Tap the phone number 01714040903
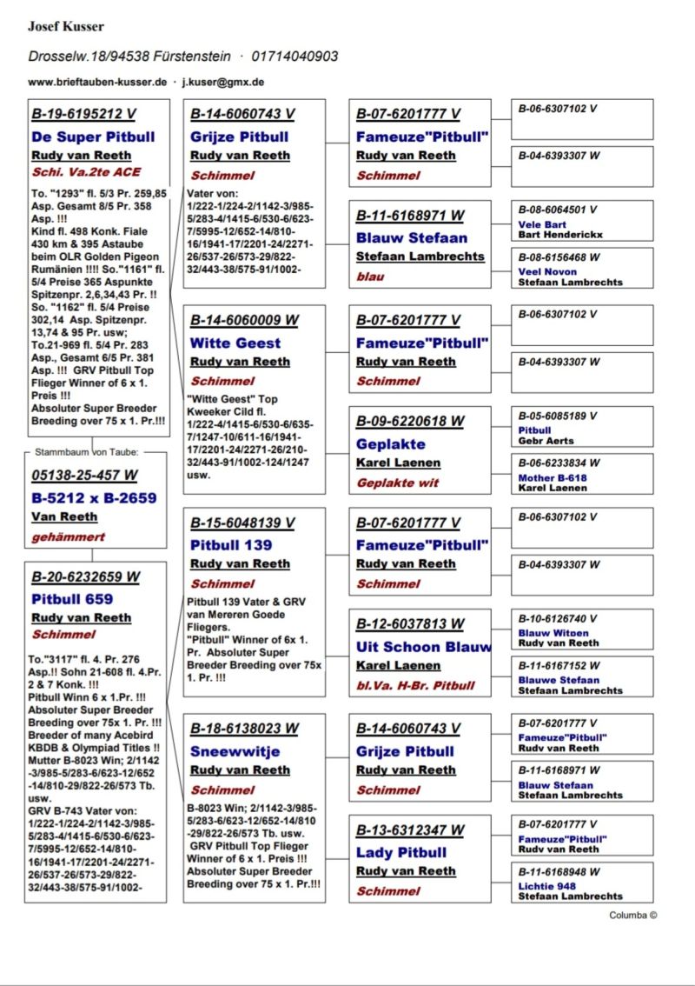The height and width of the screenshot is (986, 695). click(295, 57)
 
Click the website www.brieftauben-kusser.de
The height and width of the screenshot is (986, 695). click(96, 82)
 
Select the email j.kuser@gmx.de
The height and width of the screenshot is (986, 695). click(223, 82)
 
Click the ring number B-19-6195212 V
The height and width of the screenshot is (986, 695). click(83, 114)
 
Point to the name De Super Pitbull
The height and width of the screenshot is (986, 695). click(93, 137)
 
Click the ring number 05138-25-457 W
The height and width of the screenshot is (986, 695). click(84, 476)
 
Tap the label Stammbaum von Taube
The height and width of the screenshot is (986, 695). click(87, 452)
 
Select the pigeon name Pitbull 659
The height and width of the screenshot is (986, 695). click(72, 598)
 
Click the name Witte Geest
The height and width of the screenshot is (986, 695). click(235, 343)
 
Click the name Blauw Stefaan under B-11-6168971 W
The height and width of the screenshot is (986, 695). click(411, 237)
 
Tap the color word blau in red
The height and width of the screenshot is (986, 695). click(370, 276)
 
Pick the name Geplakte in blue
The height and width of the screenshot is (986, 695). click(390, 443)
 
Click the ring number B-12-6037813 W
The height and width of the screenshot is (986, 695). click(409, 624)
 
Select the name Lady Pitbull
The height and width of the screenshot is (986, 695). click(400, 852)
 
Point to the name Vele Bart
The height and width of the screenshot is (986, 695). click(542, 224)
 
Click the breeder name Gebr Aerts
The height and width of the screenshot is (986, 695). click(546, 441)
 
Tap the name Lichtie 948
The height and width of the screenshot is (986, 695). click(547, 886)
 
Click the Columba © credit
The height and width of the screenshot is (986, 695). click(632, 915)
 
